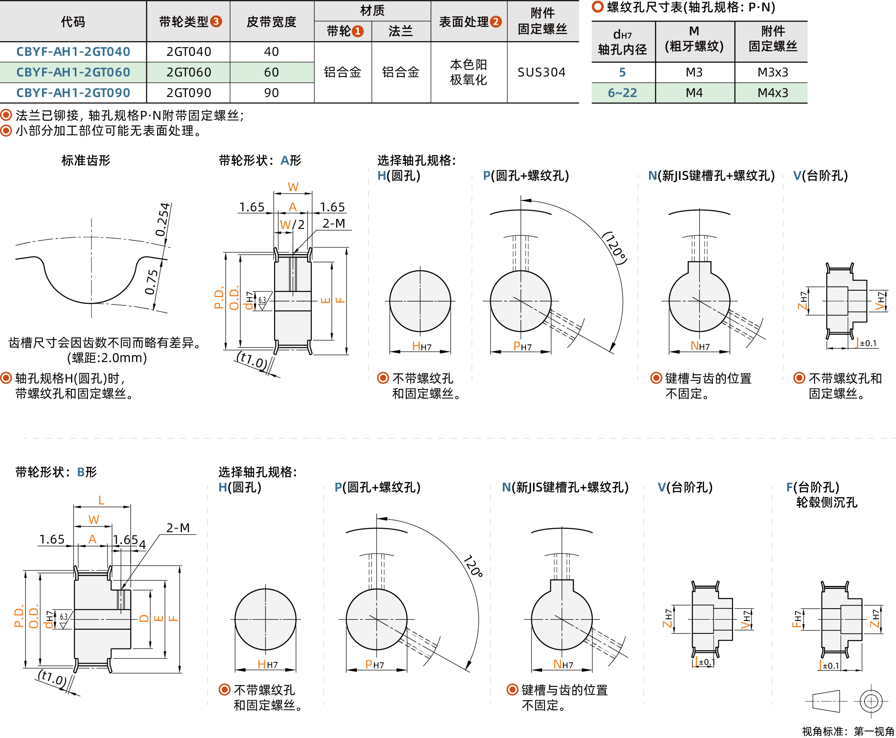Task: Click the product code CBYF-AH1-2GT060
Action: pos(73,72)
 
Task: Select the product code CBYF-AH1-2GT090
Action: pos(73,93)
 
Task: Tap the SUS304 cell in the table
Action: pos(541,72)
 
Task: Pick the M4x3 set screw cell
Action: pos(773,93)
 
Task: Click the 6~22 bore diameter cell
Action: pos(622,93)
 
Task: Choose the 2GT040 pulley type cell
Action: pos(188,52)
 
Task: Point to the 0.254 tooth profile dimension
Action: pos(163,220)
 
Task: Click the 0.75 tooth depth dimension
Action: pos(151,282)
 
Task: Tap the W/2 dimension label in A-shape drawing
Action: pos(292,224)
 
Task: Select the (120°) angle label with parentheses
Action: pos(615,248)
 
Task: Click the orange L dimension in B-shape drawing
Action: pos(101,500)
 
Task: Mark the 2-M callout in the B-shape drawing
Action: pos(178,528)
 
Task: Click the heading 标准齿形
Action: pos(86,160)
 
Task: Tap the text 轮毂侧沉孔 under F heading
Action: pos(826,502)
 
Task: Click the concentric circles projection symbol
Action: pos(870,701)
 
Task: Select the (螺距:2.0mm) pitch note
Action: pos(107,358)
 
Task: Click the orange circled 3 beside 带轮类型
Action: pos(216,22)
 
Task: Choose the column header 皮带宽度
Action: pos(271,22)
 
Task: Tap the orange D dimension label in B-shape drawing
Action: pos(144,619)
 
